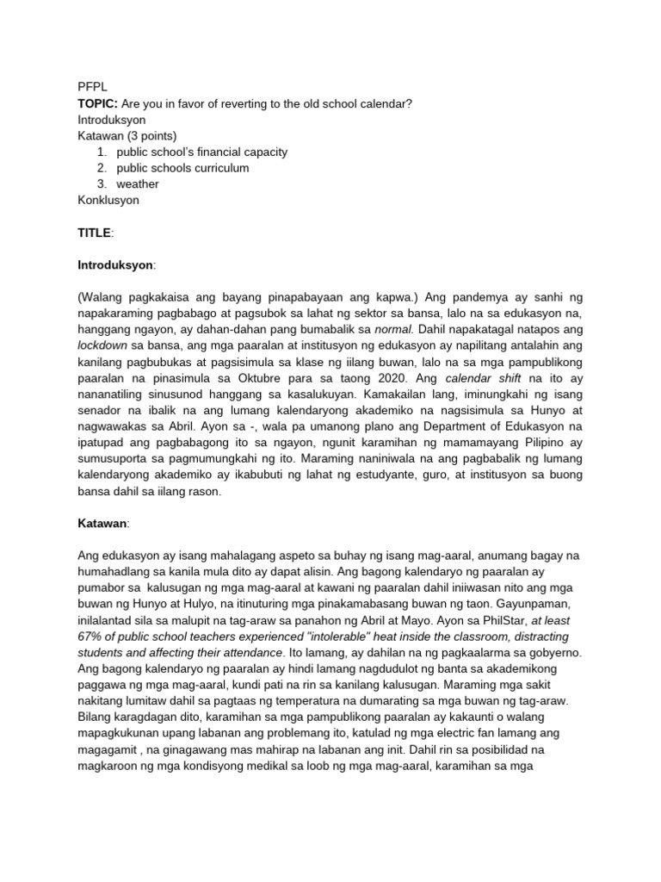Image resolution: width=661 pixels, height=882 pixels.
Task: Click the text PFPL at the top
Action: (x=91, y=87)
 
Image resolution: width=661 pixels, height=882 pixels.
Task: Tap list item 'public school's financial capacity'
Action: (x=201, y=152)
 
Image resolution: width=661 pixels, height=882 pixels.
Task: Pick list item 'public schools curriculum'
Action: (x=182, y=168)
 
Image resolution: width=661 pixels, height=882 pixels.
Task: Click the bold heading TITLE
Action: (x=95, y=233)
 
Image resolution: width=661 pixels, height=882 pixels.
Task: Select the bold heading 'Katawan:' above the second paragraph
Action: (x=102, y=524)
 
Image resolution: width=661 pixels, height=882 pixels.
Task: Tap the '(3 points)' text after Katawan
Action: (x=151, y=135)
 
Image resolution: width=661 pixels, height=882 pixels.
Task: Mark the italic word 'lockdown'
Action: (x=102, y=345)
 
